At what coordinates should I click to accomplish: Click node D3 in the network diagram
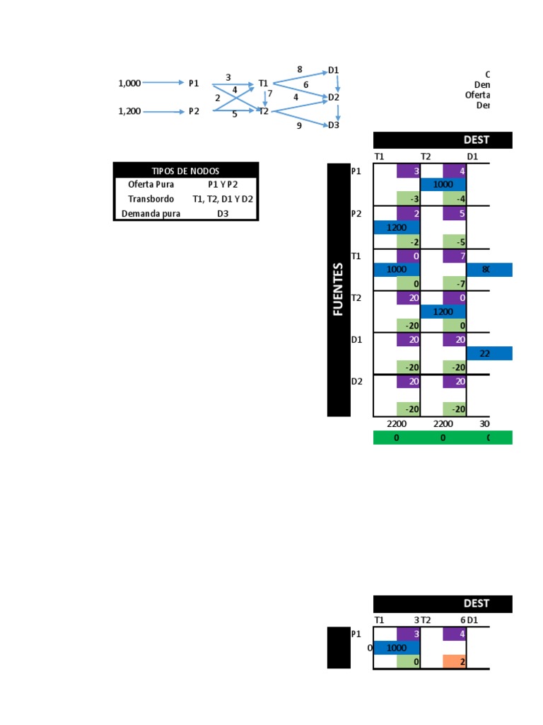point(333,125)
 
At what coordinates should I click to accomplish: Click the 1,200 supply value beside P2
point(129,111)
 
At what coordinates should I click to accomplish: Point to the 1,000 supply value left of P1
point(129,83)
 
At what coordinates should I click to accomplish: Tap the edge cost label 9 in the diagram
point(299,125)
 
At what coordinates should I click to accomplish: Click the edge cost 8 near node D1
point(300,69)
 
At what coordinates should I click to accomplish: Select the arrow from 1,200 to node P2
point(163,111)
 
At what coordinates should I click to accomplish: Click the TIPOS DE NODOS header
point(186,171)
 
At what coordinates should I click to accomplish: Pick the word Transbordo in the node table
point(151,199)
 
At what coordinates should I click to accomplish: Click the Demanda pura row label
point(151,213)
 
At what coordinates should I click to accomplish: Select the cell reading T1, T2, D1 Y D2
point(223,199)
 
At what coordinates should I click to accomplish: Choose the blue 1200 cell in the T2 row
point(443,312)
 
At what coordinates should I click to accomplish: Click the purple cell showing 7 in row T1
point(455,255)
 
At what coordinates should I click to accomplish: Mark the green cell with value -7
point(455,284)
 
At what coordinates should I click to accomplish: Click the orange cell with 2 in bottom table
point(455,661)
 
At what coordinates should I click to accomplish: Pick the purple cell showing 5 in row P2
point(455,213)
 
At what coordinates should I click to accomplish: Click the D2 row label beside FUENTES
point(357,382)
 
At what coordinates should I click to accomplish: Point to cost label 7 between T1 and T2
point(269,93)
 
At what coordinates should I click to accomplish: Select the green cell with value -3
point(408,199)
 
